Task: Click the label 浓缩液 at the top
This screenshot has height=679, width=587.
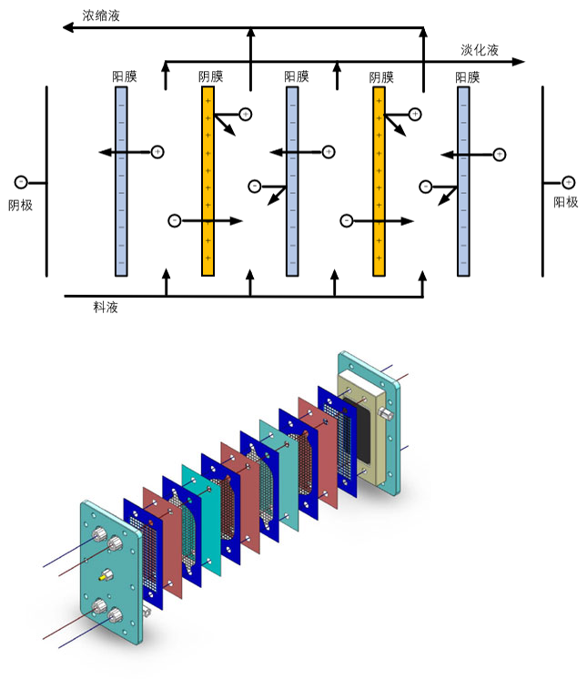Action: click(x=100, y=15)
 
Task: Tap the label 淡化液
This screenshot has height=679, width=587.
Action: click(x=480, y=50)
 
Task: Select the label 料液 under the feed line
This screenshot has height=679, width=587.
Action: click(x=106, y=308)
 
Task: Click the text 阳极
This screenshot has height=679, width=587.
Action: click(x=566, y=202)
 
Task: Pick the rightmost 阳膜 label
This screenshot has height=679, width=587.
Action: click(x=467, y=77)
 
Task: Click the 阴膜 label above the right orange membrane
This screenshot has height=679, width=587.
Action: click(x=381, y=77)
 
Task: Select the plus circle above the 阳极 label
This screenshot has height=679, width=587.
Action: click(x=569, y=182)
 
